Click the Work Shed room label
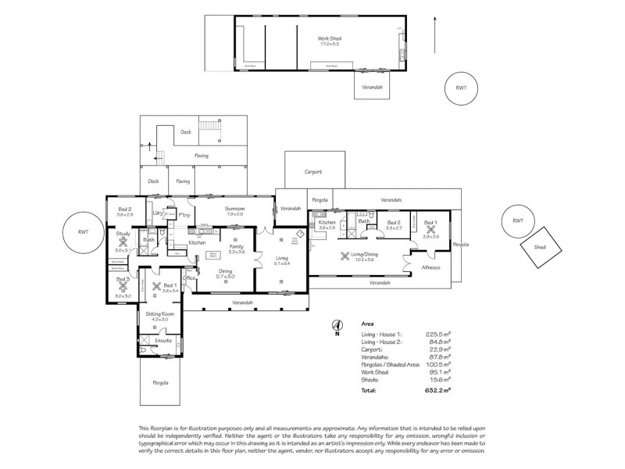click(329, 38)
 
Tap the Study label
click(123, 234)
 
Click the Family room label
click(236, 246)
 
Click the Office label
click(188, 277)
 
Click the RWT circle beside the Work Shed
click(461, 88)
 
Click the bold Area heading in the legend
click(367, 322)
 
